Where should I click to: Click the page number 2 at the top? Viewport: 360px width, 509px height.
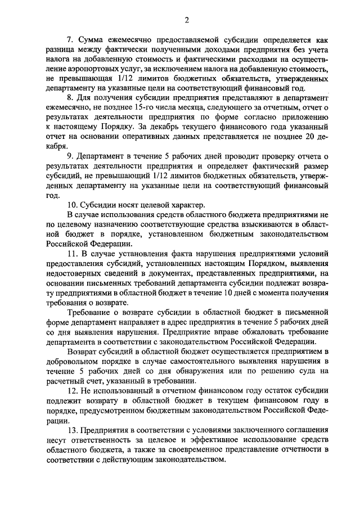(x=186, y=21)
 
